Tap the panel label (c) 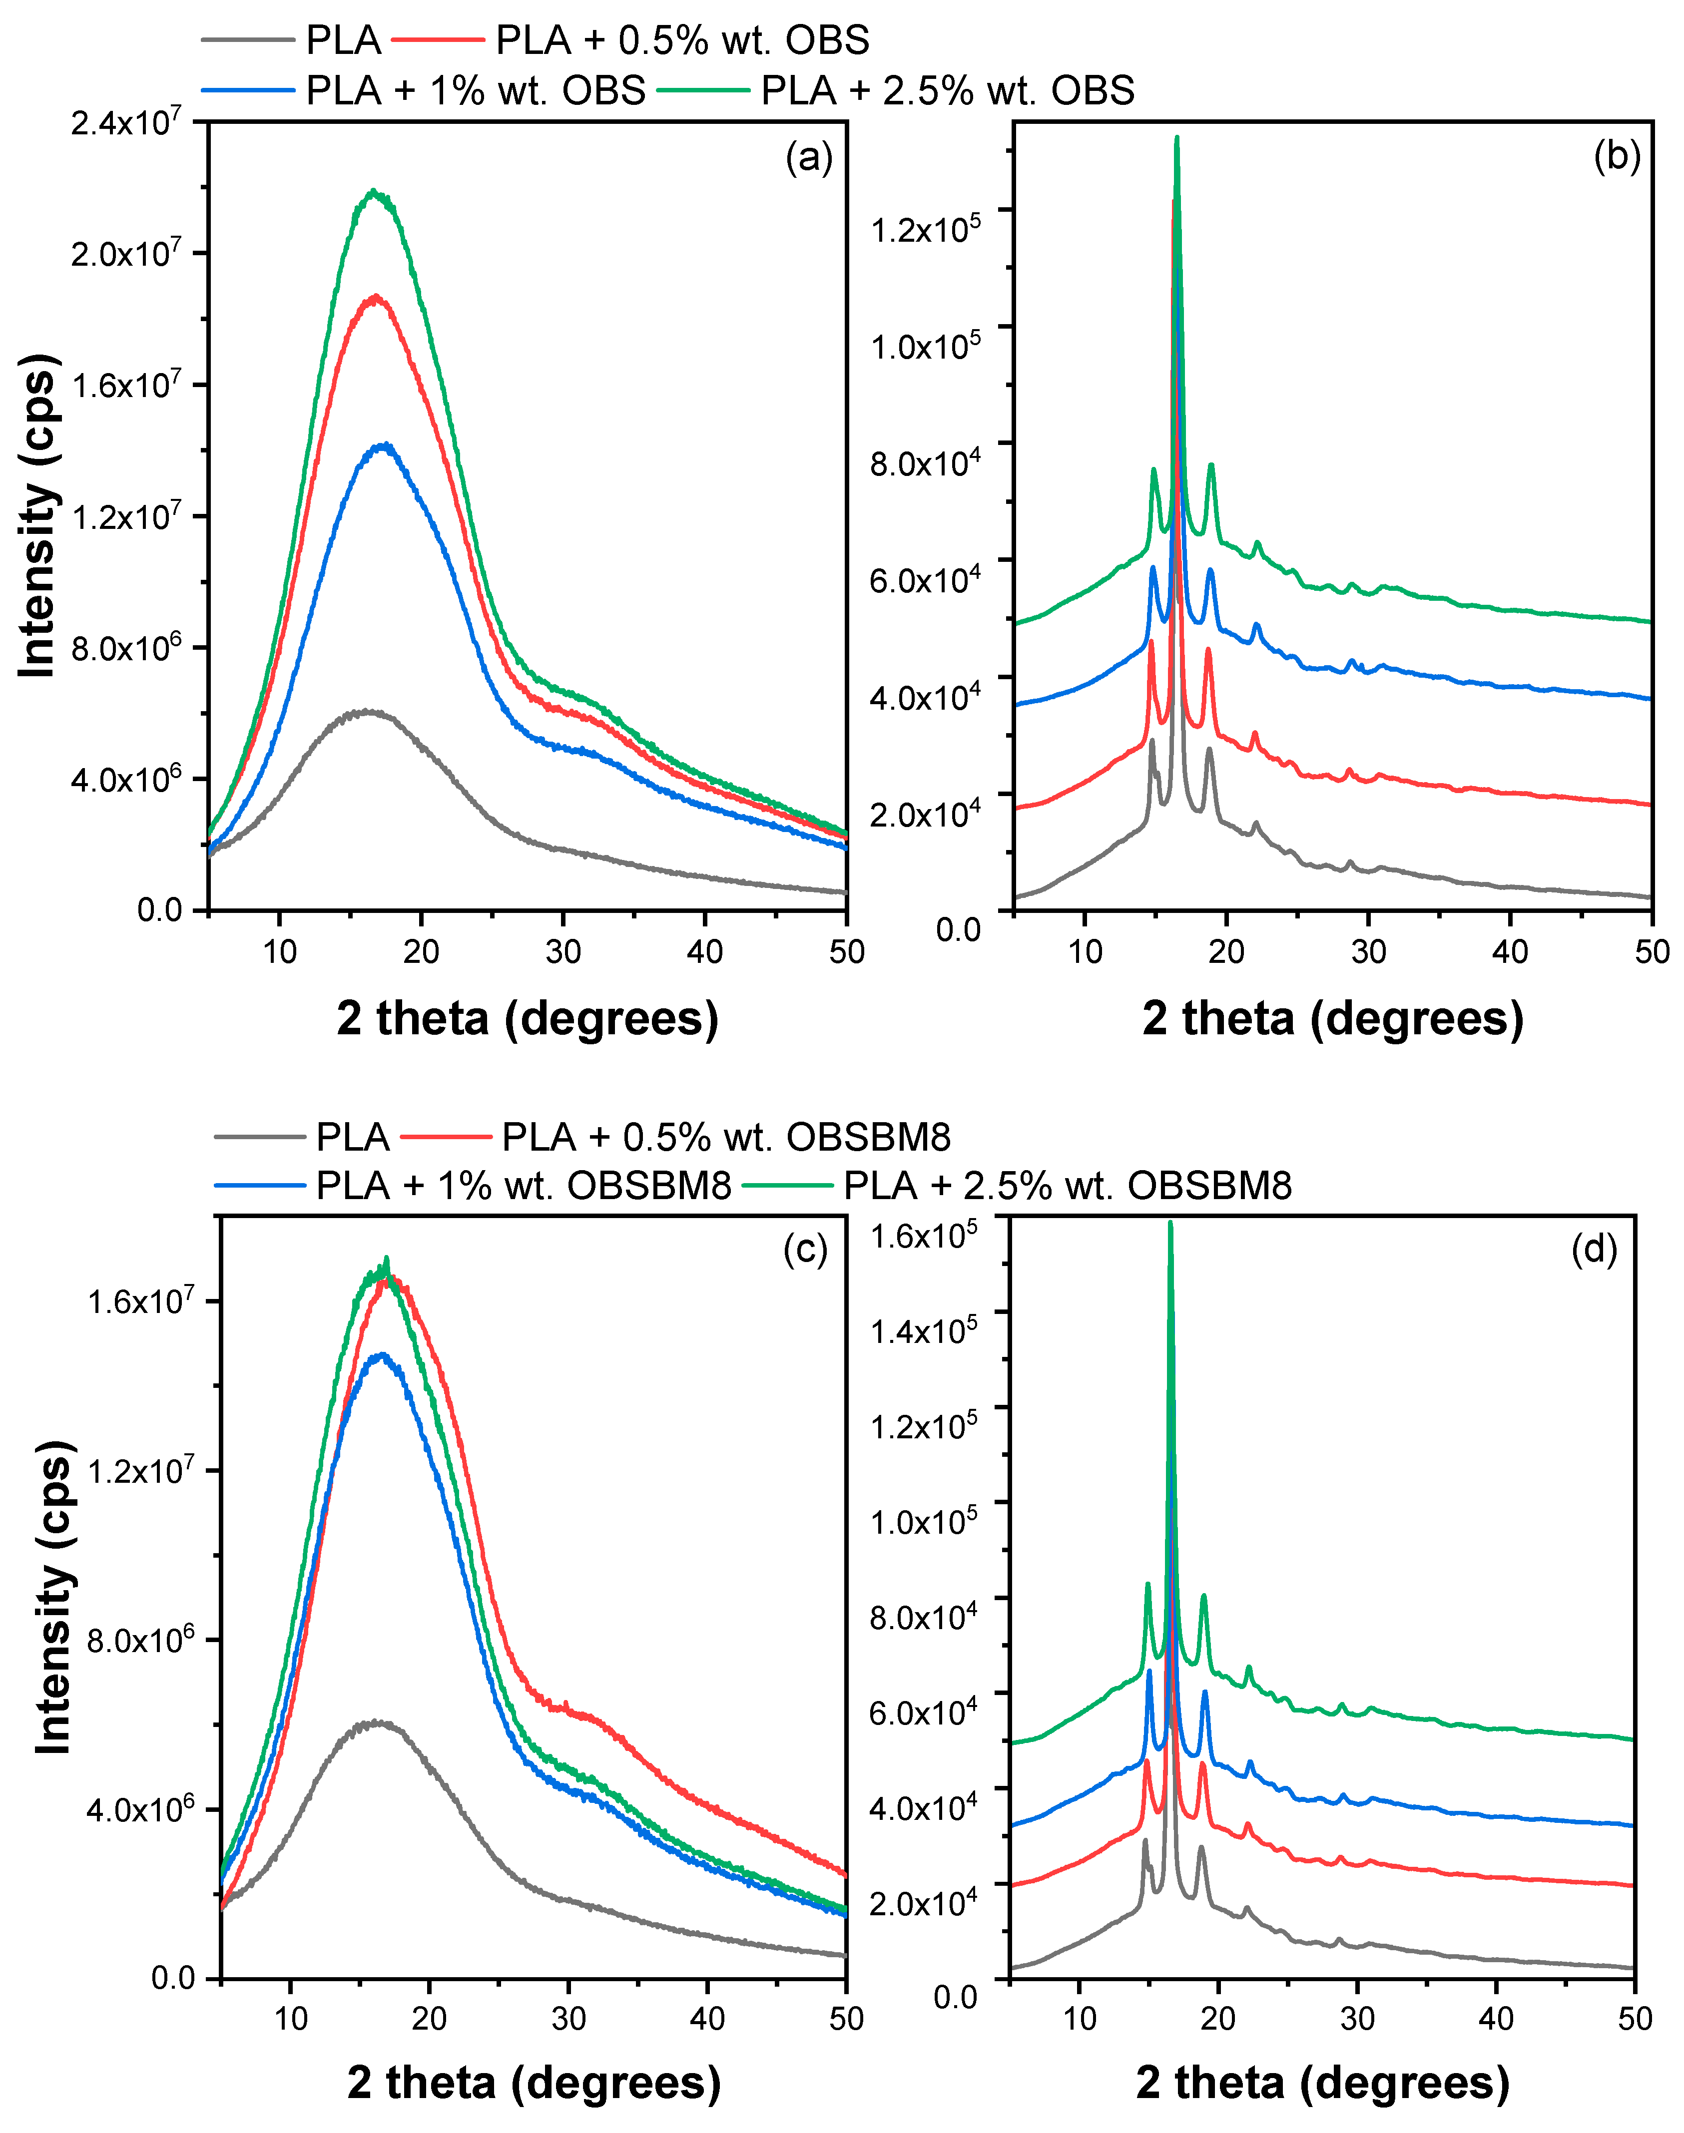tap(805, 1250)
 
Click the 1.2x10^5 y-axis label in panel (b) tap(924, 229)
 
